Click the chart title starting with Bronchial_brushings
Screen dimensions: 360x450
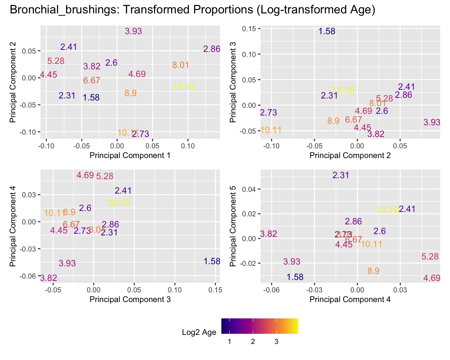click(192, 10)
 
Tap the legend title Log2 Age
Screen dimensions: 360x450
click(199, 332)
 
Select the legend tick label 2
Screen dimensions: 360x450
click(253, 342)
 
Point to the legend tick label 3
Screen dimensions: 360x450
click(276, 342)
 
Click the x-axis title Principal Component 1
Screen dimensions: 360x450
click(130, 155)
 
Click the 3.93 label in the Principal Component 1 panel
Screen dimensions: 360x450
click(133, 31)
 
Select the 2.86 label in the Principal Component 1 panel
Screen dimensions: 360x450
click(212, 49)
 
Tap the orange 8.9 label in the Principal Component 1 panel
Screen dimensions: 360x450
click(130, 93)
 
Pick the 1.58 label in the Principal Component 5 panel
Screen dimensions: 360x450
click(295, 277)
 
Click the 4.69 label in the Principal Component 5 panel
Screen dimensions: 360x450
click(432, 278)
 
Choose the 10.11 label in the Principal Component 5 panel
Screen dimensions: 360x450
click(372, 244)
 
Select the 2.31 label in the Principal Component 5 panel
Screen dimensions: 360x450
click(341, 175)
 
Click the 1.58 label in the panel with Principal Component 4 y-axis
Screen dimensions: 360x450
click(212, 261)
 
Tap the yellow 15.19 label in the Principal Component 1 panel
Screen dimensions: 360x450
click(184, 87)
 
